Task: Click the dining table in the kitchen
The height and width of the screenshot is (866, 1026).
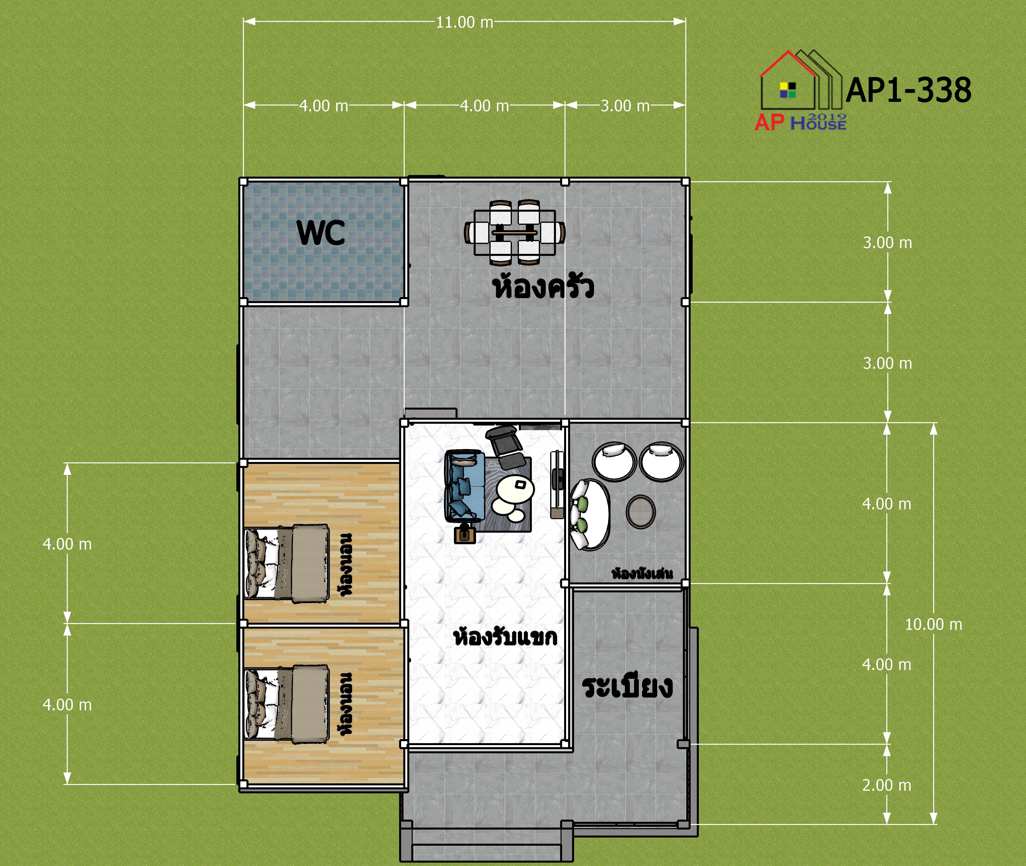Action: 515,232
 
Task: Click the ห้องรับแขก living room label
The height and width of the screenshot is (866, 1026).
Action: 505,637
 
